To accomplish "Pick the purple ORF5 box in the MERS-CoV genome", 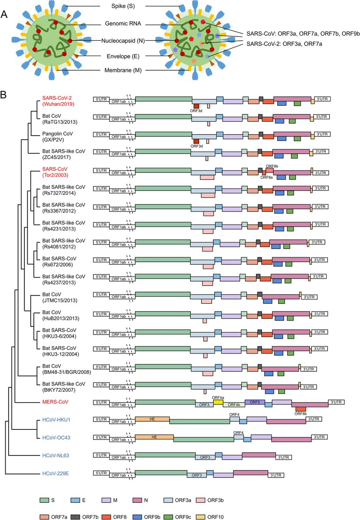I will pos(255,402).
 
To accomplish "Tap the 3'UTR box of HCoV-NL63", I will pos(284,457).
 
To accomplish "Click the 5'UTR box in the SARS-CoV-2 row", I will pos(101,99).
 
